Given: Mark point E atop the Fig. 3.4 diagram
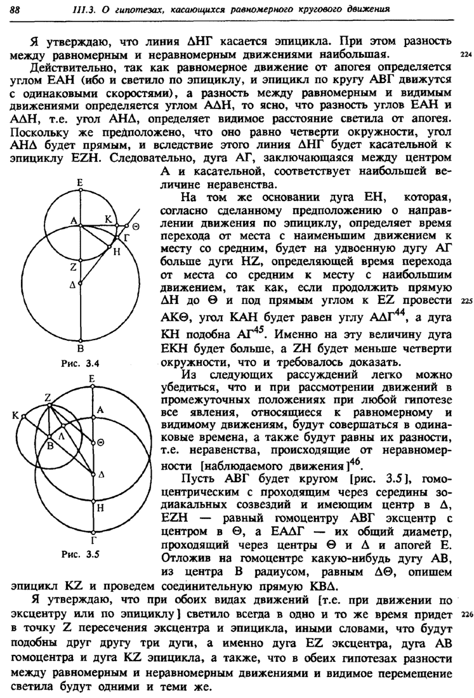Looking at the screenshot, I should pos(81,182).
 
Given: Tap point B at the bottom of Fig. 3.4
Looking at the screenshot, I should pos(81,348).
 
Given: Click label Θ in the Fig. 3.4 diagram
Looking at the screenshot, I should pos(136,227).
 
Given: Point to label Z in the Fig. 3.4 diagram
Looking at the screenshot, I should pos(74,267).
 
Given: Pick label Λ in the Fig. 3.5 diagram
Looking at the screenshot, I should pos(62,437).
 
